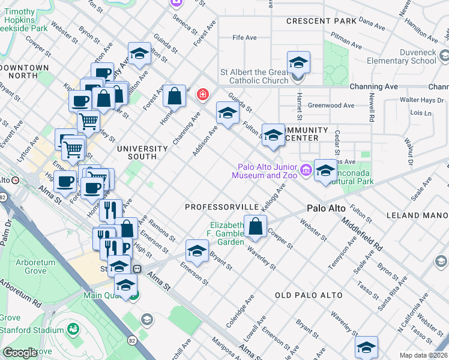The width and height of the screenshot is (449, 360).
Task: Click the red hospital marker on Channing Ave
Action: [x=203, y=94]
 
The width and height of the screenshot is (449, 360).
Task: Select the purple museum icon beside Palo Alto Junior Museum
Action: [x=306, y=170]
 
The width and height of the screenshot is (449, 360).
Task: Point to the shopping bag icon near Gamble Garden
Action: [x=255, y=226]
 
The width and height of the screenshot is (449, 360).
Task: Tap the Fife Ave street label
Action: [x=245, y=38]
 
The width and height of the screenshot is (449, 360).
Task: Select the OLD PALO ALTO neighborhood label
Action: [x=309, y=295]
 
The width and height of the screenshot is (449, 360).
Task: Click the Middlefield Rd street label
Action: [x=361, y=233]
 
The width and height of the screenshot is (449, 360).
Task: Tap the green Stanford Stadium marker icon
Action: [x=73, y=329]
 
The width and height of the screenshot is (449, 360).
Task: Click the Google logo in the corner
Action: [x=20, y=353]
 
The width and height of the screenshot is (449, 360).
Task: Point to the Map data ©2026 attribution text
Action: [x=423, y=355]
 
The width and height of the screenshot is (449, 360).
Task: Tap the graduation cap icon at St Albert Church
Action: [x=298, y=62]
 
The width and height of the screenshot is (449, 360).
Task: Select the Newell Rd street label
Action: [x=372, y=108]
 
